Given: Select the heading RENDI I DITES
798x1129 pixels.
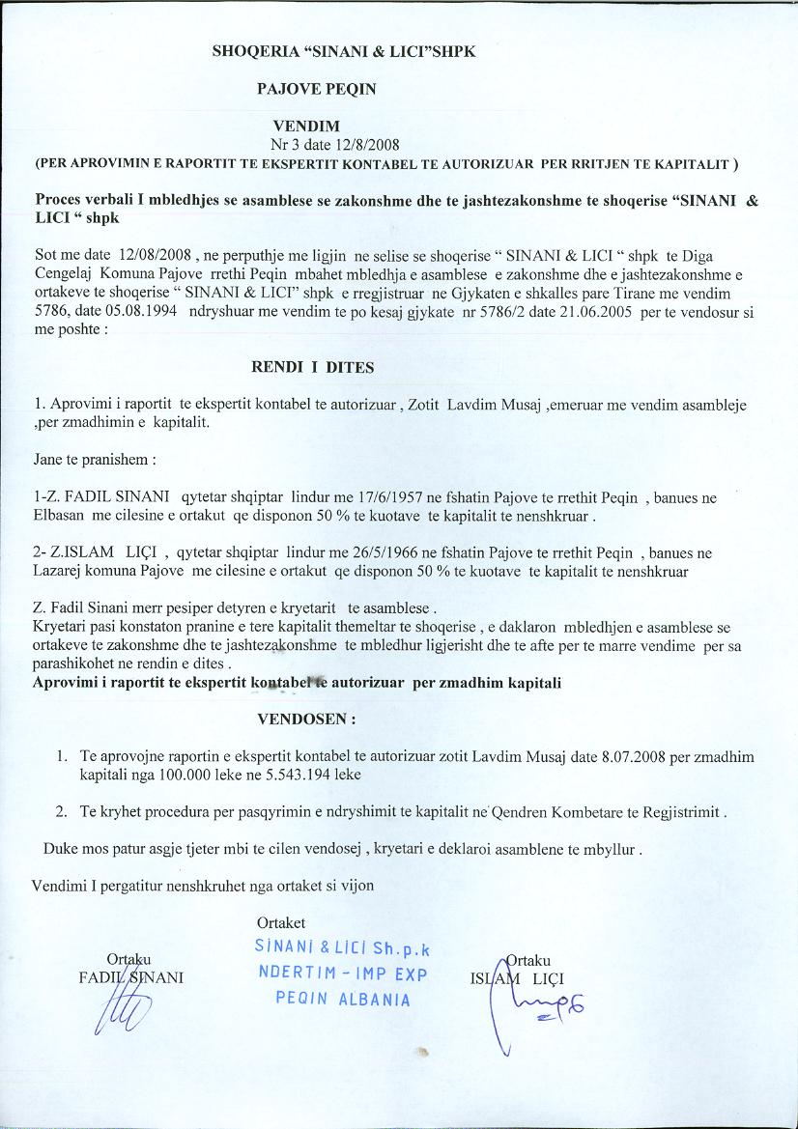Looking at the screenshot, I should pos(312,367).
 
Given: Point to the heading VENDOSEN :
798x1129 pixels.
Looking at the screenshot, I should pos(306,719).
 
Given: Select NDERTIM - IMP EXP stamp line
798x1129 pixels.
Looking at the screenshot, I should pos(343,974).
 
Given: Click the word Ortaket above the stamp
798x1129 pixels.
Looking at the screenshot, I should pos(282,924).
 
